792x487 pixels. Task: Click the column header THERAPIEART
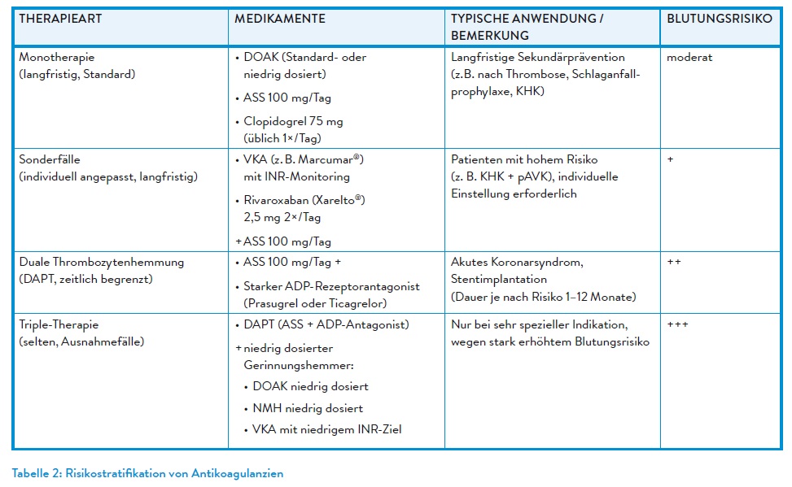[60, 19]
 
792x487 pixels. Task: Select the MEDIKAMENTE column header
[280, 19]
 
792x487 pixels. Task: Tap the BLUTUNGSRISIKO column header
[719, 19]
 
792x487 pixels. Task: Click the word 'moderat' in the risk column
[689, 59]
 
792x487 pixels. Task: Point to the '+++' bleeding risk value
[677, 324]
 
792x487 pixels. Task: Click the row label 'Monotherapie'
[57, 59]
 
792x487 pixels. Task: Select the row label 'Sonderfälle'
[50, 160]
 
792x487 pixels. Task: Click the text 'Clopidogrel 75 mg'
[293, 121]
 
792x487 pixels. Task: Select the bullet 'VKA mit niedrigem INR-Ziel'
[328, 429]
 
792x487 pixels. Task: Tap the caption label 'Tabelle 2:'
[37, 473]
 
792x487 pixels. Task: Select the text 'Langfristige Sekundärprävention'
[538, 59]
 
